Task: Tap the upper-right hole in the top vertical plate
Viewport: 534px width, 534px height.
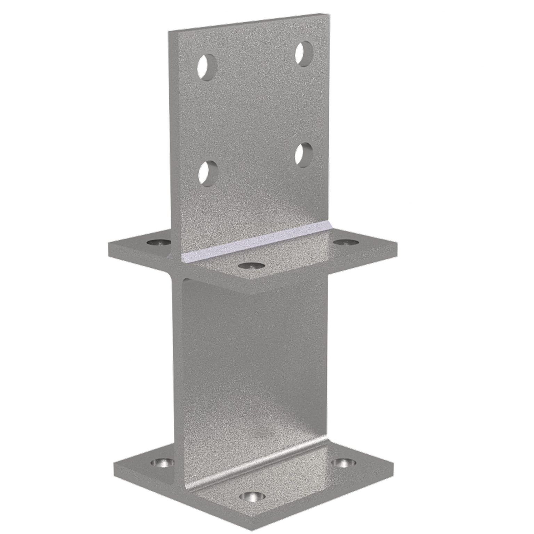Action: tap(304, 54)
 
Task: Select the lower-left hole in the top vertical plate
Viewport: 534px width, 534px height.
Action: tap(208, 173)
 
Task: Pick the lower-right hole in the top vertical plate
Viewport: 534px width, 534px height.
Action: tap(304, 155)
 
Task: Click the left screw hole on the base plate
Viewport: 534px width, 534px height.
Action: tap(163, 462)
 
